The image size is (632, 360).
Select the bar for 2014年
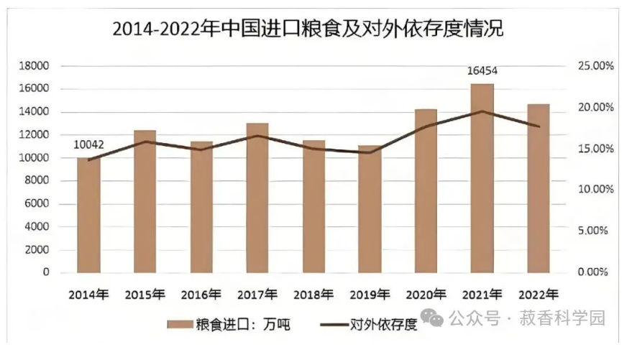point(89,216)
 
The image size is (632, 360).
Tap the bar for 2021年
point(482,180)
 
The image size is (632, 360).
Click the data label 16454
point(482,71)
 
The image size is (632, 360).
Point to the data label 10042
point(89,145)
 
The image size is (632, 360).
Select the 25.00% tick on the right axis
point(594,66)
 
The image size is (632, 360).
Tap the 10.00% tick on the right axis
point(594,190)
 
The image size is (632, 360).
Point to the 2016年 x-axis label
point(201,295)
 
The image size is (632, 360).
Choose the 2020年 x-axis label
point(426,295)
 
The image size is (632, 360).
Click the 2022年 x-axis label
point(539,295)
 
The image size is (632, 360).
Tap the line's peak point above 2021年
point(482,111)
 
